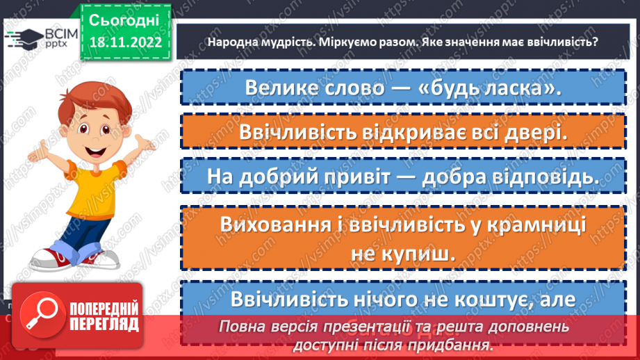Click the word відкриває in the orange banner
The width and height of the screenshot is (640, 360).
coord(422,133)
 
